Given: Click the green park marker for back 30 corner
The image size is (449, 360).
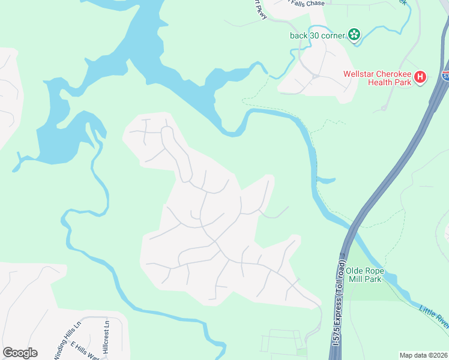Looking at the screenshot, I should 354,35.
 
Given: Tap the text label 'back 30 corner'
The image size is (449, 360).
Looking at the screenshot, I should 318,35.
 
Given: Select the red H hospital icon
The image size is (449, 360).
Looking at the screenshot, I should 421,77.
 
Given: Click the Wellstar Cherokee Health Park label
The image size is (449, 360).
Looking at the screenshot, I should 377,78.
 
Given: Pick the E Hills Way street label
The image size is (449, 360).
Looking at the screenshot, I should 85,351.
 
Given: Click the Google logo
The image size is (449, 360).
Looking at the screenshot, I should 20,353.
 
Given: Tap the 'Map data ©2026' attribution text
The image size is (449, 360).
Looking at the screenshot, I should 423,355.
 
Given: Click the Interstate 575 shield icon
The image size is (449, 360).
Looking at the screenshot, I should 445,76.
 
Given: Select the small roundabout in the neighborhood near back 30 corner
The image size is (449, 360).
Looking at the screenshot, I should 315,77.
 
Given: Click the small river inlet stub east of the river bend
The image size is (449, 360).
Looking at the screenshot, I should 327,180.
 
